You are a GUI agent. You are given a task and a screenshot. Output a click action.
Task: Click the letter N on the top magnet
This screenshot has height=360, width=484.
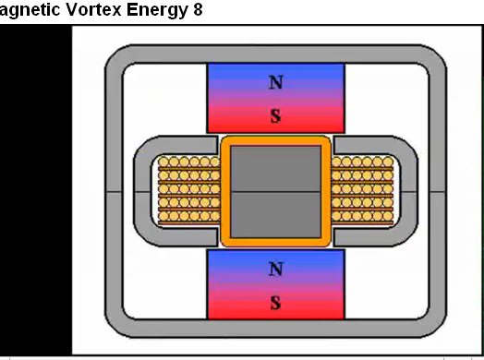point(276,82)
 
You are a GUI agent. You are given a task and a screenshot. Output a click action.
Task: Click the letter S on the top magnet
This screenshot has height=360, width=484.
point(275,116)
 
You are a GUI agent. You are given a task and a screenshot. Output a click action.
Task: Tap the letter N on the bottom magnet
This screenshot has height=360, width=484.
point(276,269)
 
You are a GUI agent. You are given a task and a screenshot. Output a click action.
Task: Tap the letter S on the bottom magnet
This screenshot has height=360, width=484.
point(275,303)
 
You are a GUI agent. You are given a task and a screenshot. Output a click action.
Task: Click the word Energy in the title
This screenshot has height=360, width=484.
point(157,10)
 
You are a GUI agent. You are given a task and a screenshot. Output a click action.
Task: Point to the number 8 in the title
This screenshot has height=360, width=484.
point(198,9)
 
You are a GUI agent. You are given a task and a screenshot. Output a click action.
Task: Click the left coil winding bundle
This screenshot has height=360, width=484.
point(189,190)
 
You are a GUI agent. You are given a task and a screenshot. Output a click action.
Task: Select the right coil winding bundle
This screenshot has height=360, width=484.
point(362,190)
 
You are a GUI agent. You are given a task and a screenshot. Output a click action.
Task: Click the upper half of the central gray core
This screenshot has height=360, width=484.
point(275,169)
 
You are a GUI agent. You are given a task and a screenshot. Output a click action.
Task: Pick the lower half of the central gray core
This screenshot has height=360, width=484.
point(275,215)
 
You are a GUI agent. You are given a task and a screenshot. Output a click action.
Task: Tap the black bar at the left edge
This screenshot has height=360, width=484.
point(35,190)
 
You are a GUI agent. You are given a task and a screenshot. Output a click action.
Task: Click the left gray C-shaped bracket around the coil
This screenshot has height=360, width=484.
point(142,191)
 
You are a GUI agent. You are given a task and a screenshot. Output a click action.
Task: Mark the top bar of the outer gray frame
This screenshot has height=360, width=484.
point(275,54)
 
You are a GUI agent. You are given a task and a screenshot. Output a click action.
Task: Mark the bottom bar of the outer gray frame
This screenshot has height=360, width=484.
point(275,329)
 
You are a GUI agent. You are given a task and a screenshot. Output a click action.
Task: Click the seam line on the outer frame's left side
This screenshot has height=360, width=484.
point(114,192)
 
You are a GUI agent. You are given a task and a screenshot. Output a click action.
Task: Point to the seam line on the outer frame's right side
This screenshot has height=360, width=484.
point(438,192)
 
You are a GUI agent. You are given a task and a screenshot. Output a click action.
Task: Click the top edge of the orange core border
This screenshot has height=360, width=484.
point(275,141)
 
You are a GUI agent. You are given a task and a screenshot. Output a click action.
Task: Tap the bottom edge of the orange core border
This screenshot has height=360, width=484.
point(275,242)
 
